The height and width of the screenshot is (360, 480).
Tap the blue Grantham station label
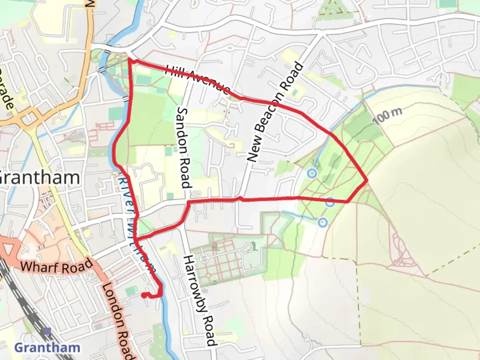47,348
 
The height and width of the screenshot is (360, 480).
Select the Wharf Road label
57,266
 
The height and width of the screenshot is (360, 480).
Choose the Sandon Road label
184,147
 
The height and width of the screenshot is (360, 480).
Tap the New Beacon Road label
275,112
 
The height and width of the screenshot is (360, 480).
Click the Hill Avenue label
197,79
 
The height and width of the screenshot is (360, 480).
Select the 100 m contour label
387,115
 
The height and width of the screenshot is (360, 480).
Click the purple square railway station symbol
48,331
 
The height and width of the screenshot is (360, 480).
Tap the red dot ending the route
144,295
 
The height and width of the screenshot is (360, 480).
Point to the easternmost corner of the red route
367,180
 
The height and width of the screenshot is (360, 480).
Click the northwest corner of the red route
130,60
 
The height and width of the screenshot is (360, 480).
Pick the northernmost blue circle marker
312,173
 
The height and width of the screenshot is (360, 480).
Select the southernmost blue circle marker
322,222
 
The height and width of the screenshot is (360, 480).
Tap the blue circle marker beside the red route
330,202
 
